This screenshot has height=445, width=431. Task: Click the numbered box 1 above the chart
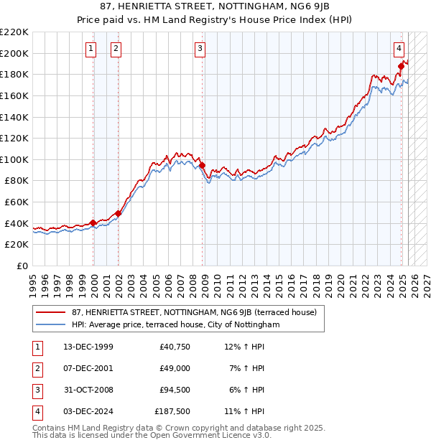tap(91, 49)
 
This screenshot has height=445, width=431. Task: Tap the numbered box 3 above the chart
tap(199, 49)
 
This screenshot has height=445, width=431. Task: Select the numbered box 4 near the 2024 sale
tap(399, 49)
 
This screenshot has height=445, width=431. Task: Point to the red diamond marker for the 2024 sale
tap(402, 66)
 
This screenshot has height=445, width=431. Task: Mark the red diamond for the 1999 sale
tap(93, 222)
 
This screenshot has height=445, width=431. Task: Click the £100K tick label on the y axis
tap(14, 159)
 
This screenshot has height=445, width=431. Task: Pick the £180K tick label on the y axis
tap(14, 74)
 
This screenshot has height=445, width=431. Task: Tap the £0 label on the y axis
tap(22, 266)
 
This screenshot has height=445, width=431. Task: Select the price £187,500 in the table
tap(172, 411)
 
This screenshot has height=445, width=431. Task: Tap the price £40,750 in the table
tap(175, 347)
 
